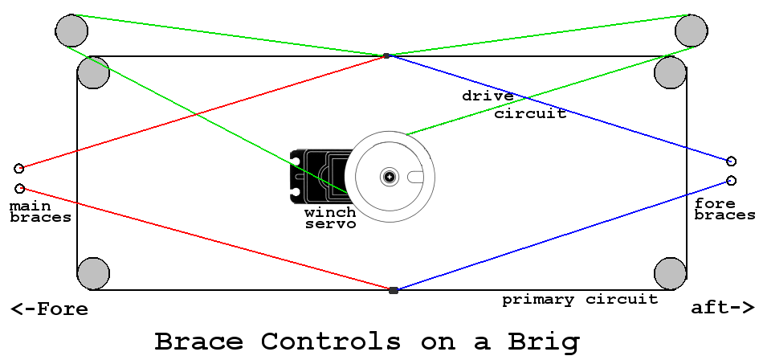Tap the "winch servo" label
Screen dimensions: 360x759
pos(330,219)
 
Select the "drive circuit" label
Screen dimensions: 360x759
pos(513,104)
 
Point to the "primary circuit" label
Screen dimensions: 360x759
pos(580,300)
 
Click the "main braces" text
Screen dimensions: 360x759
pos(39,211)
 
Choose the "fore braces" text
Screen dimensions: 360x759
pos(724,209)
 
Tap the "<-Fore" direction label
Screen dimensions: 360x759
pos(49,309)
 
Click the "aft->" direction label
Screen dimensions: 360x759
pos(722,308)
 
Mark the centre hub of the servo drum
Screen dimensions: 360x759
pos(390,176)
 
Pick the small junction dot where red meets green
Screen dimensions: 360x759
pos(386,55)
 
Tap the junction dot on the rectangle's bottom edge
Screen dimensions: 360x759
pos(393,290)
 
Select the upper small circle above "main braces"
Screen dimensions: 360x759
pos(19,169)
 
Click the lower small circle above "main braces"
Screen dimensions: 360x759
pos(20,188)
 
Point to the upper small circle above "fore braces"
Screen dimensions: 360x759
pos(731,161)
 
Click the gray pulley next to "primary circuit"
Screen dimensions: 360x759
pos(670,273)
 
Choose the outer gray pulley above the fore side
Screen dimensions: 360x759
pos(71,31)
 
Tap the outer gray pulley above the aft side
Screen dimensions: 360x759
pos(691,31)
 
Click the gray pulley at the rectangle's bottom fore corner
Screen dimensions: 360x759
pos(92,273)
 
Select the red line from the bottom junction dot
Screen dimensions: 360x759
pos(201,237)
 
